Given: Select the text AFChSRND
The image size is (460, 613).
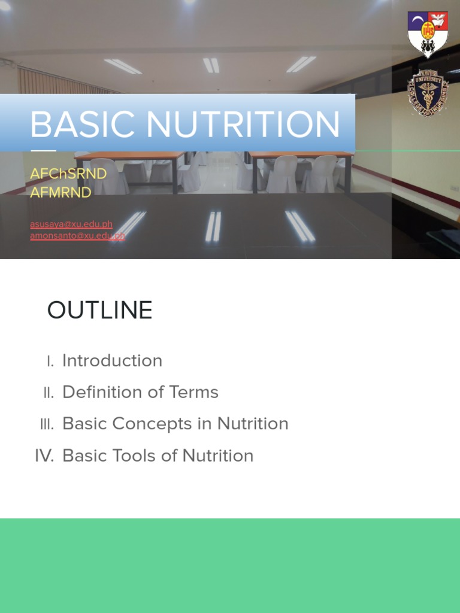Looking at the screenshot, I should point(68,174).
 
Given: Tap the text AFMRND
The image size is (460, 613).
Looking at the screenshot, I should point(60,192).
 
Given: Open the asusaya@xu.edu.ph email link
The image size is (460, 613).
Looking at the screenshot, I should point(71,224).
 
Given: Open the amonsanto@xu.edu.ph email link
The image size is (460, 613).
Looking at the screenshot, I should point(77,236).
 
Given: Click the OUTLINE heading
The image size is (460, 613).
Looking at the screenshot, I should point(99,311).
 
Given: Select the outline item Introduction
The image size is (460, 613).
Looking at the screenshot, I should point(112,360).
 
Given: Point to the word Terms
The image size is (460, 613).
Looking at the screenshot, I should point(193,392).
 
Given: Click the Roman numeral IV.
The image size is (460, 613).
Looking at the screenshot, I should point(44,456).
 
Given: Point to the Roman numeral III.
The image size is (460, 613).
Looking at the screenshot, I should point(47,424).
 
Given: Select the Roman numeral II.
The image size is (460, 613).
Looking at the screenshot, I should point(49,393).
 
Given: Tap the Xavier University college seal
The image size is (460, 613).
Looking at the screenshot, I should point(428,92).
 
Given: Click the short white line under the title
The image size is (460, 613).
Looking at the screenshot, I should point(43,150).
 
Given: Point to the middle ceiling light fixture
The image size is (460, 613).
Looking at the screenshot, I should point(211,65).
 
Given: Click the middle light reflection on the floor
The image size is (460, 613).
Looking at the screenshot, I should point(213,226).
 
